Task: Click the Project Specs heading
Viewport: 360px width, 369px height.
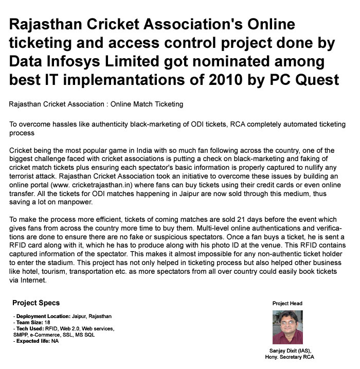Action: [x=36, y=303]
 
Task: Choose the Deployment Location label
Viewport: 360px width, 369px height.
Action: [x=44, y=316]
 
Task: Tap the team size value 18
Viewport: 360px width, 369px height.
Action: [x=47, y=322]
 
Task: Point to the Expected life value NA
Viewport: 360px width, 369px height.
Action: [x=55, y=341]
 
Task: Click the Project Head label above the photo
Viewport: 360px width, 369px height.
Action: [x=287, y=304]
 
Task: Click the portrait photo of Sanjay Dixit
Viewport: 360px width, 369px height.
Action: [x=287, y=327]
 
